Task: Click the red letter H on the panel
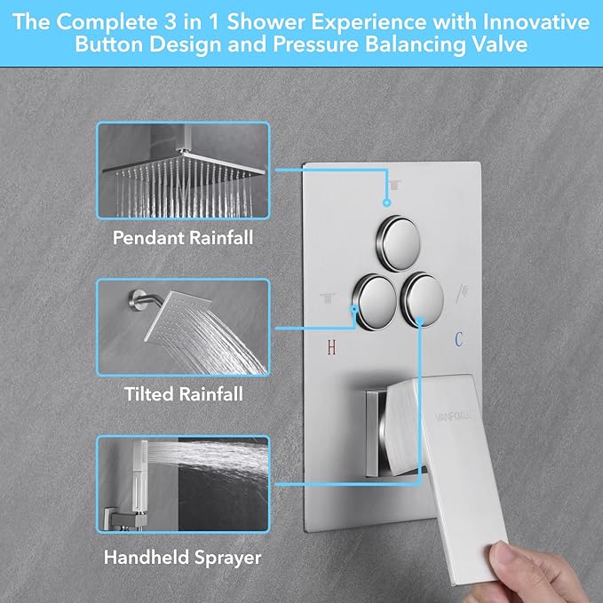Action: (331, 347)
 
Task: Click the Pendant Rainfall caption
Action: (183, 238)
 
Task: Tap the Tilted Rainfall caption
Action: (183, 393)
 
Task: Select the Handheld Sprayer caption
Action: (183, 558)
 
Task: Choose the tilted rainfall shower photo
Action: (183, 327)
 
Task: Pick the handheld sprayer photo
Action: (183, 488)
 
